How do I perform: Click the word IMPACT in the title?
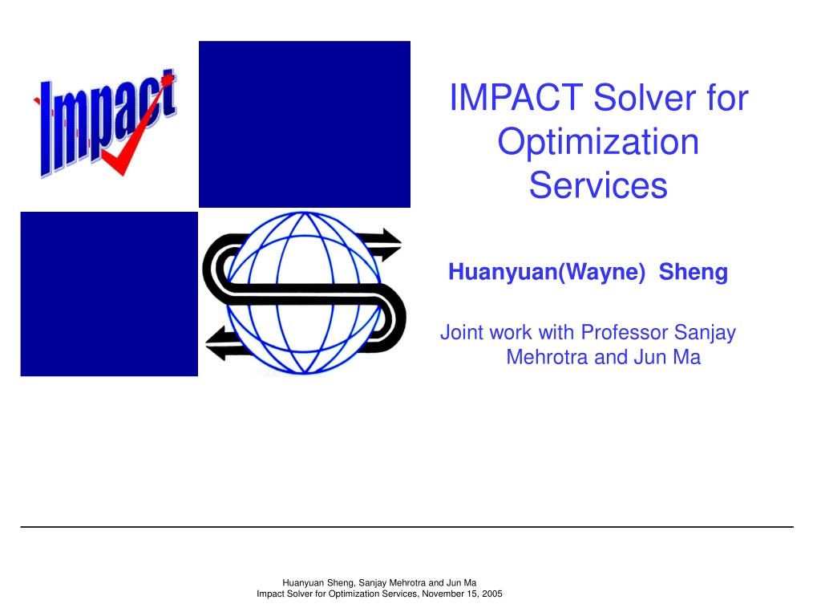pos(516,97)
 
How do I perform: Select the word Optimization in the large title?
pos(598,143)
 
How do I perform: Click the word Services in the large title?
pos(598,185)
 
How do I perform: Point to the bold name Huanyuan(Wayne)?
pos(547,272)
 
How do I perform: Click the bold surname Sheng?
pos(694,272)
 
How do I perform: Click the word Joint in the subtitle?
pos(459,332)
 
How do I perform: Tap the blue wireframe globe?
pos(304,293)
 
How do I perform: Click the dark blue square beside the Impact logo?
pos(305,124)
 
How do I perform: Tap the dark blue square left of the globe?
pos(109,294)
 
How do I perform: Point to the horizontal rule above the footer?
pos(406,526)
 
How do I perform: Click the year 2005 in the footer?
pos(492,594)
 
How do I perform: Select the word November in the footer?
pos(441,594)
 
